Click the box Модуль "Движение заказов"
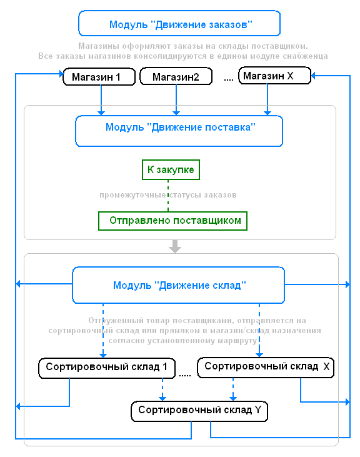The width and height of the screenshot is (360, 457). [x=179, y=23]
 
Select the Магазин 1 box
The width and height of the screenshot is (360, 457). [x=99, y=77]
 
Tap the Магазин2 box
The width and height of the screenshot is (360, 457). [x=176, y=76]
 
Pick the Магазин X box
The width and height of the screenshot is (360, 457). [x=274, y=76]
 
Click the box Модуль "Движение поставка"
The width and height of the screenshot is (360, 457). [x=179, y=131]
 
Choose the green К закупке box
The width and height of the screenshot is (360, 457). [x=171, y=169]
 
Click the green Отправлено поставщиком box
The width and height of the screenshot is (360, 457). [x=172, y=221]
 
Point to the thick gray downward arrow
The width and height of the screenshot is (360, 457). [x=175, y=246]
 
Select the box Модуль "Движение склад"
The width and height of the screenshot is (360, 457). [x=178, y=285]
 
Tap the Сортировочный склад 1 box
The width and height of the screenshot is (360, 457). [x=107, y=368]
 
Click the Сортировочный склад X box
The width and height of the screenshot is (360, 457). [x=266, y=367]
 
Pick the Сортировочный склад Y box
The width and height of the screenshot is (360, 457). [x=199, y=411]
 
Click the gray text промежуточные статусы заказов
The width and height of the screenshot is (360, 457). [x=168, y=195]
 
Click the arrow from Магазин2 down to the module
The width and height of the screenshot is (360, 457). [x=176, y=100]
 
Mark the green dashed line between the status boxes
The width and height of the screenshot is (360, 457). [x=168, y=196]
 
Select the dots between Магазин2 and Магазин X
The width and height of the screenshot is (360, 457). [x=229, y=79]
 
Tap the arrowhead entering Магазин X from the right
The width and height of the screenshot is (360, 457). [x=314, y=76]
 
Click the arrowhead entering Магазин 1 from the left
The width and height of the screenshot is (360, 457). [x=61, y=73]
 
